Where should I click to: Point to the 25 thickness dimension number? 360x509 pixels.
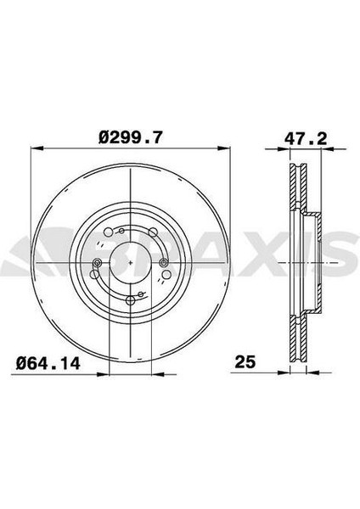pos(246,363)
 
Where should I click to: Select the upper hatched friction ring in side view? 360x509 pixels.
pos(295,187)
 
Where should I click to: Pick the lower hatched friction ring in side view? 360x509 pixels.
pos(295,339)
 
